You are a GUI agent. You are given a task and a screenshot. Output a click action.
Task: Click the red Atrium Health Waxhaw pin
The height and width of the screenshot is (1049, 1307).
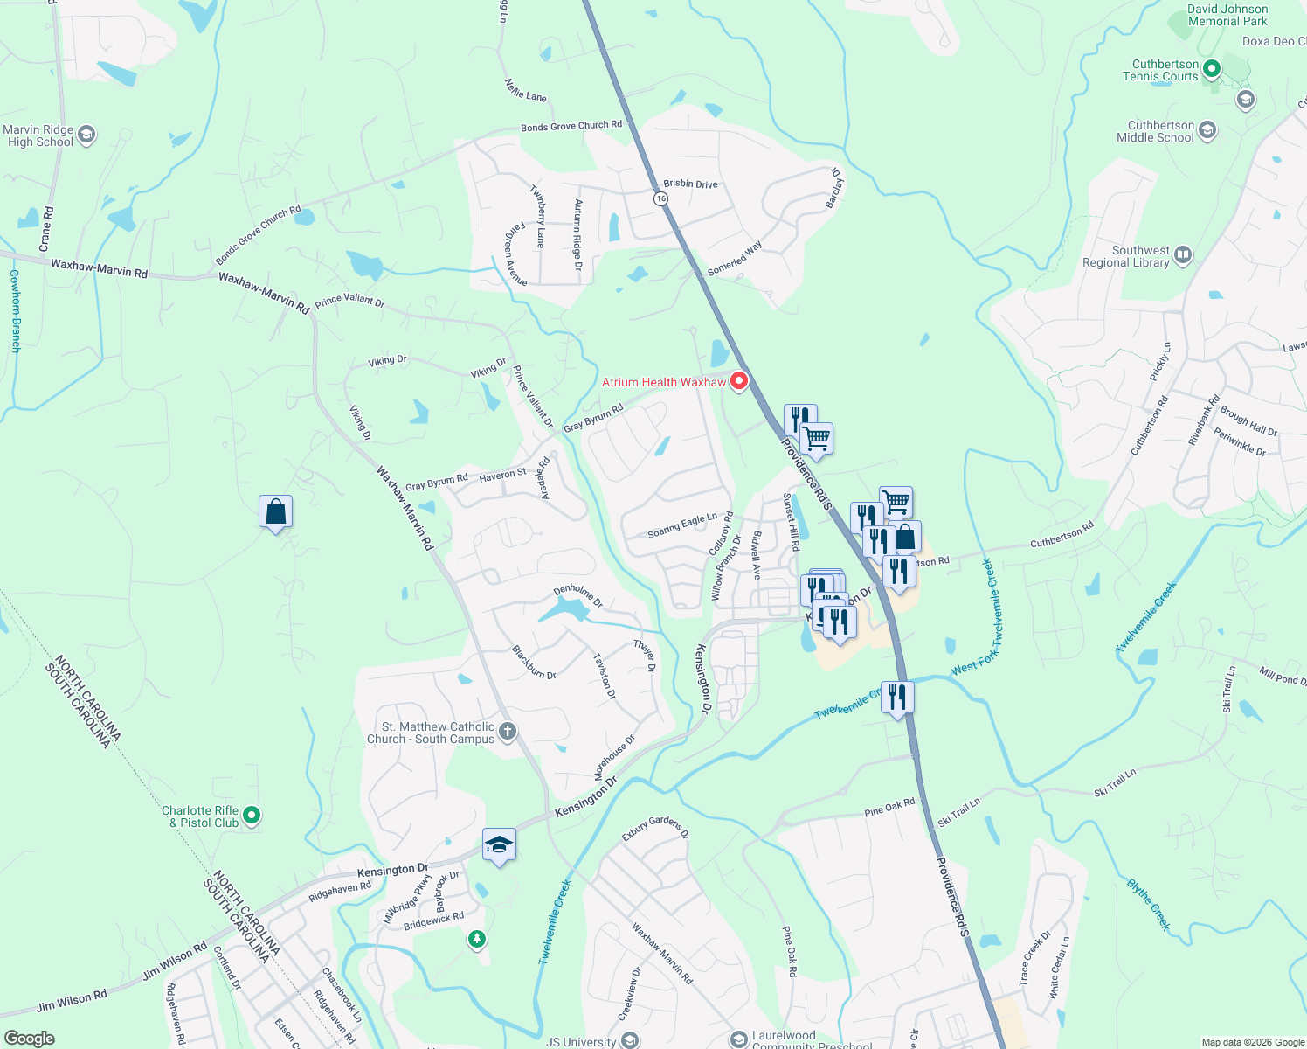(739, 381)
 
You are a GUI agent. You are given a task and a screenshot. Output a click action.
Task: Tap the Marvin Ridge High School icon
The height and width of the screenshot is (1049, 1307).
(86, 135)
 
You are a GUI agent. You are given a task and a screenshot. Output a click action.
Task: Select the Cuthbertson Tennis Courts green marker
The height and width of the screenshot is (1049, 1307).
(1212, 68)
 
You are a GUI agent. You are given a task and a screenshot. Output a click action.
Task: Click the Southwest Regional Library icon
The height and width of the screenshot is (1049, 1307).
(1183, 255)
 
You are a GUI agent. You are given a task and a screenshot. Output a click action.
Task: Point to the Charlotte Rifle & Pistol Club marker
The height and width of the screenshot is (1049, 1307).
(252, 816)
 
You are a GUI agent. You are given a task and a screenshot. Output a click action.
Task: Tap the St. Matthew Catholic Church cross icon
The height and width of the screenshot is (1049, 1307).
(508, 731)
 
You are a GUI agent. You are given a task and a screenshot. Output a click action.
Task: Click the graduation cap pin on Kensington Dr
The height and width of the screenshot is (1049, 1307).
(499, 844)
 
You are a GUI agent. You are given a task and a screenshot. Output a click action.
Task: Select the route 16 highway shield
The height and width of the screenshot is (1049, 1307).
(661, 198)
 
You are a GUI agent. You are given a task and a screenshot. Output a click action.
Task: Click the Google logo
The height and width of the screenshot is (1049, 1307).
(29, 1039)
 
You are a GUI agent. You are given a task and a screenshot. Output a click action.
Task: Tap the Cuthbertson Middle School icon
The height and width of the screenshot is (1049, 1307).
(1207, 131)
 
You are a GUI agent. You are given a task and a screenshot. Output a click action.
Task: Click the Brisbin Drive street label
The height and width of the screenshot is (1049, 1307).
(690, 184)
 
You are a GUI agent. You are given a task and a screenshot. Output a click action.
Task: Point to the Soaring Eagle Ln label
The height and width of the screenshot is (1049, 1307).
(682, 525)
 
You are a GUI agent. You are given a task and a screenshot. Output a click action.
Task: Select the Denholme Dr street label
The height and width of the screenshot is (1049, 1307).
(578, 595)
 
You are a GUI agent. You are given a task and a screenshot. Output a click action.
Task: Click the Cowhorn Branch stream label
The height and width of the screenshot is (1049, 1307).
(15, 310)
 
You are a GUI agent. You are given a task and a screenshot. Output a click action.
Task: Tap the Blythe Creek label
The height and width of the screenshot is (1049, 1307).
(1148, 904)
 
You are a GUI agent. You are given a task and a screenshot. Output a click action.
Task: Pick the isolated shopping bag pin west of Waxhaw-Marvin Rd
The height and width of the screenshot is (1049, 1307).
(275, 511)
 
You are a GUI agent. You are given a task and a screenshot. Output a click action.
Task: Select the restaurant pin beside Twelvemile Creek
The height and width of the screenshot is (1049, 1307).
(897, 697)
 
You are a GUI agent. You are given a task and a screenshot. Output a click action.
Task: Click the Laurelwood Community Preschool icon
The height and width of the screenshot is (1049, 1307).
(739, 1039)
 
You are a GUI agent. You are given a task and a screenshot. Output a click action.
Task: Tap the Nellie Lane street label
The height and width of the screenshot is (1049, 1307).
(525, 89)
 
